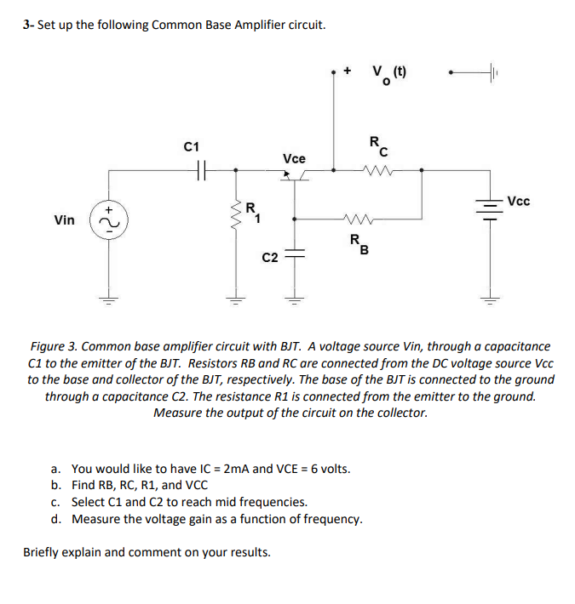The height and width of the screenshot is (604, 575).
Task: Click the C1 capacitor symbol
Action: coord(201,170)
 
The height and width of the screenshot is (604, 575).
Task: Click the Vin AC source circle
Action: coord(108,220)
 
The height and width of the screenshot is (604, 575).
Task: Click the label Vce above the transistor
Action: coord(295,158)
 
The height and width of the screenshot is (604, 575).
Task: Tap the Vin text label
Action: coord(65,220)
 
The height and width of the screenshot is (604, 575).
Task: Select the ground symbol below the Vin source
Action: coord(108,299)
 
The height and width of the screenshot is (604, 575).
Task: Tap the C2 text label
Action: coord(270,257)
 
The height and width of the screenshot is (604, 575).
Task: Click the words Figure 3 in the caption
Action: coord(56,346)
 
